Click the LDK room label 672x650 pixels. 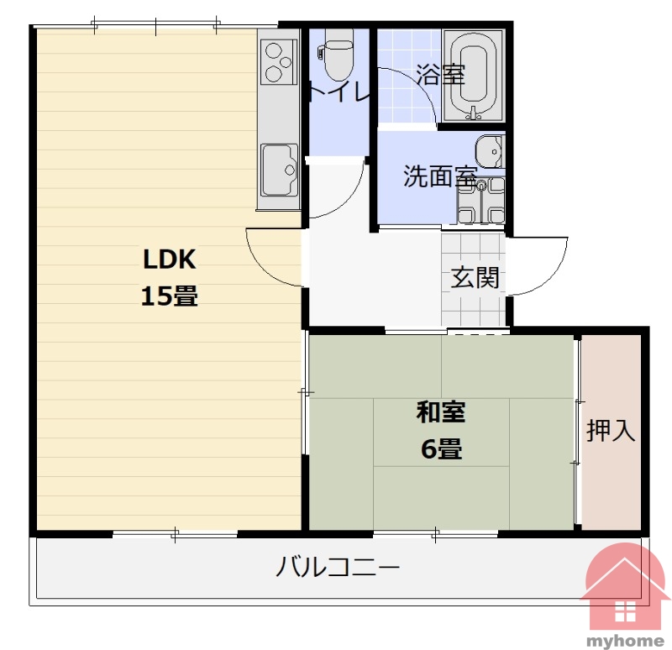coord(170,259)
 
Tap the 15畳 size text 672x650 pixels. coord(170,296)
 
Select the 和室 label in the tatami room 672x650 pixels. coord(441,411)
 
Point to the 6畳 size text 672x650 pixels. coord(442,449)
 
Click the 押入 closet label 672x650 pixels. coord(611,430)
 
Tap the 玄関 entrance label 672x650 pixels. coord(475,277)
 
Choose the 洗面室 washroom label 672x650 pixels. coord(440,176)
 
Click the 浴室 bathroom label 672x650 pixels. coord(440,74)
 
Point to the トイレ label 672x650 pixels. coord(339,92)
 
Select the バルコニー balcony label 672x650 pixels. coord(338,567)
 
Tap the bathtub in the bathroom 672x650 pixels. coord(474,76)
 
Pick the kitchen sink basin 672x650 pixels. coord(280,170)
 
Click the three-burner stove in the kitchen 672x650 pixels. coord(278,62)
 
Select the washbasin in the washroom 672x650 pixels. coord(489,151)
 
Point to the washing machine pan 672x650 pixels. coord(480,200)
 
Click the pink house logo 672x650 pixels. coord(625,590)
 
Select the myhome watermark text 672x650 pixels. coord(625,641)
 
